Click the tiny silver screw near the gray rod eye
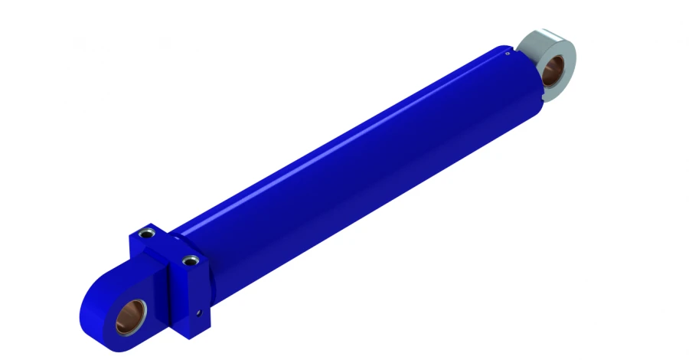click(508, 53)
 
